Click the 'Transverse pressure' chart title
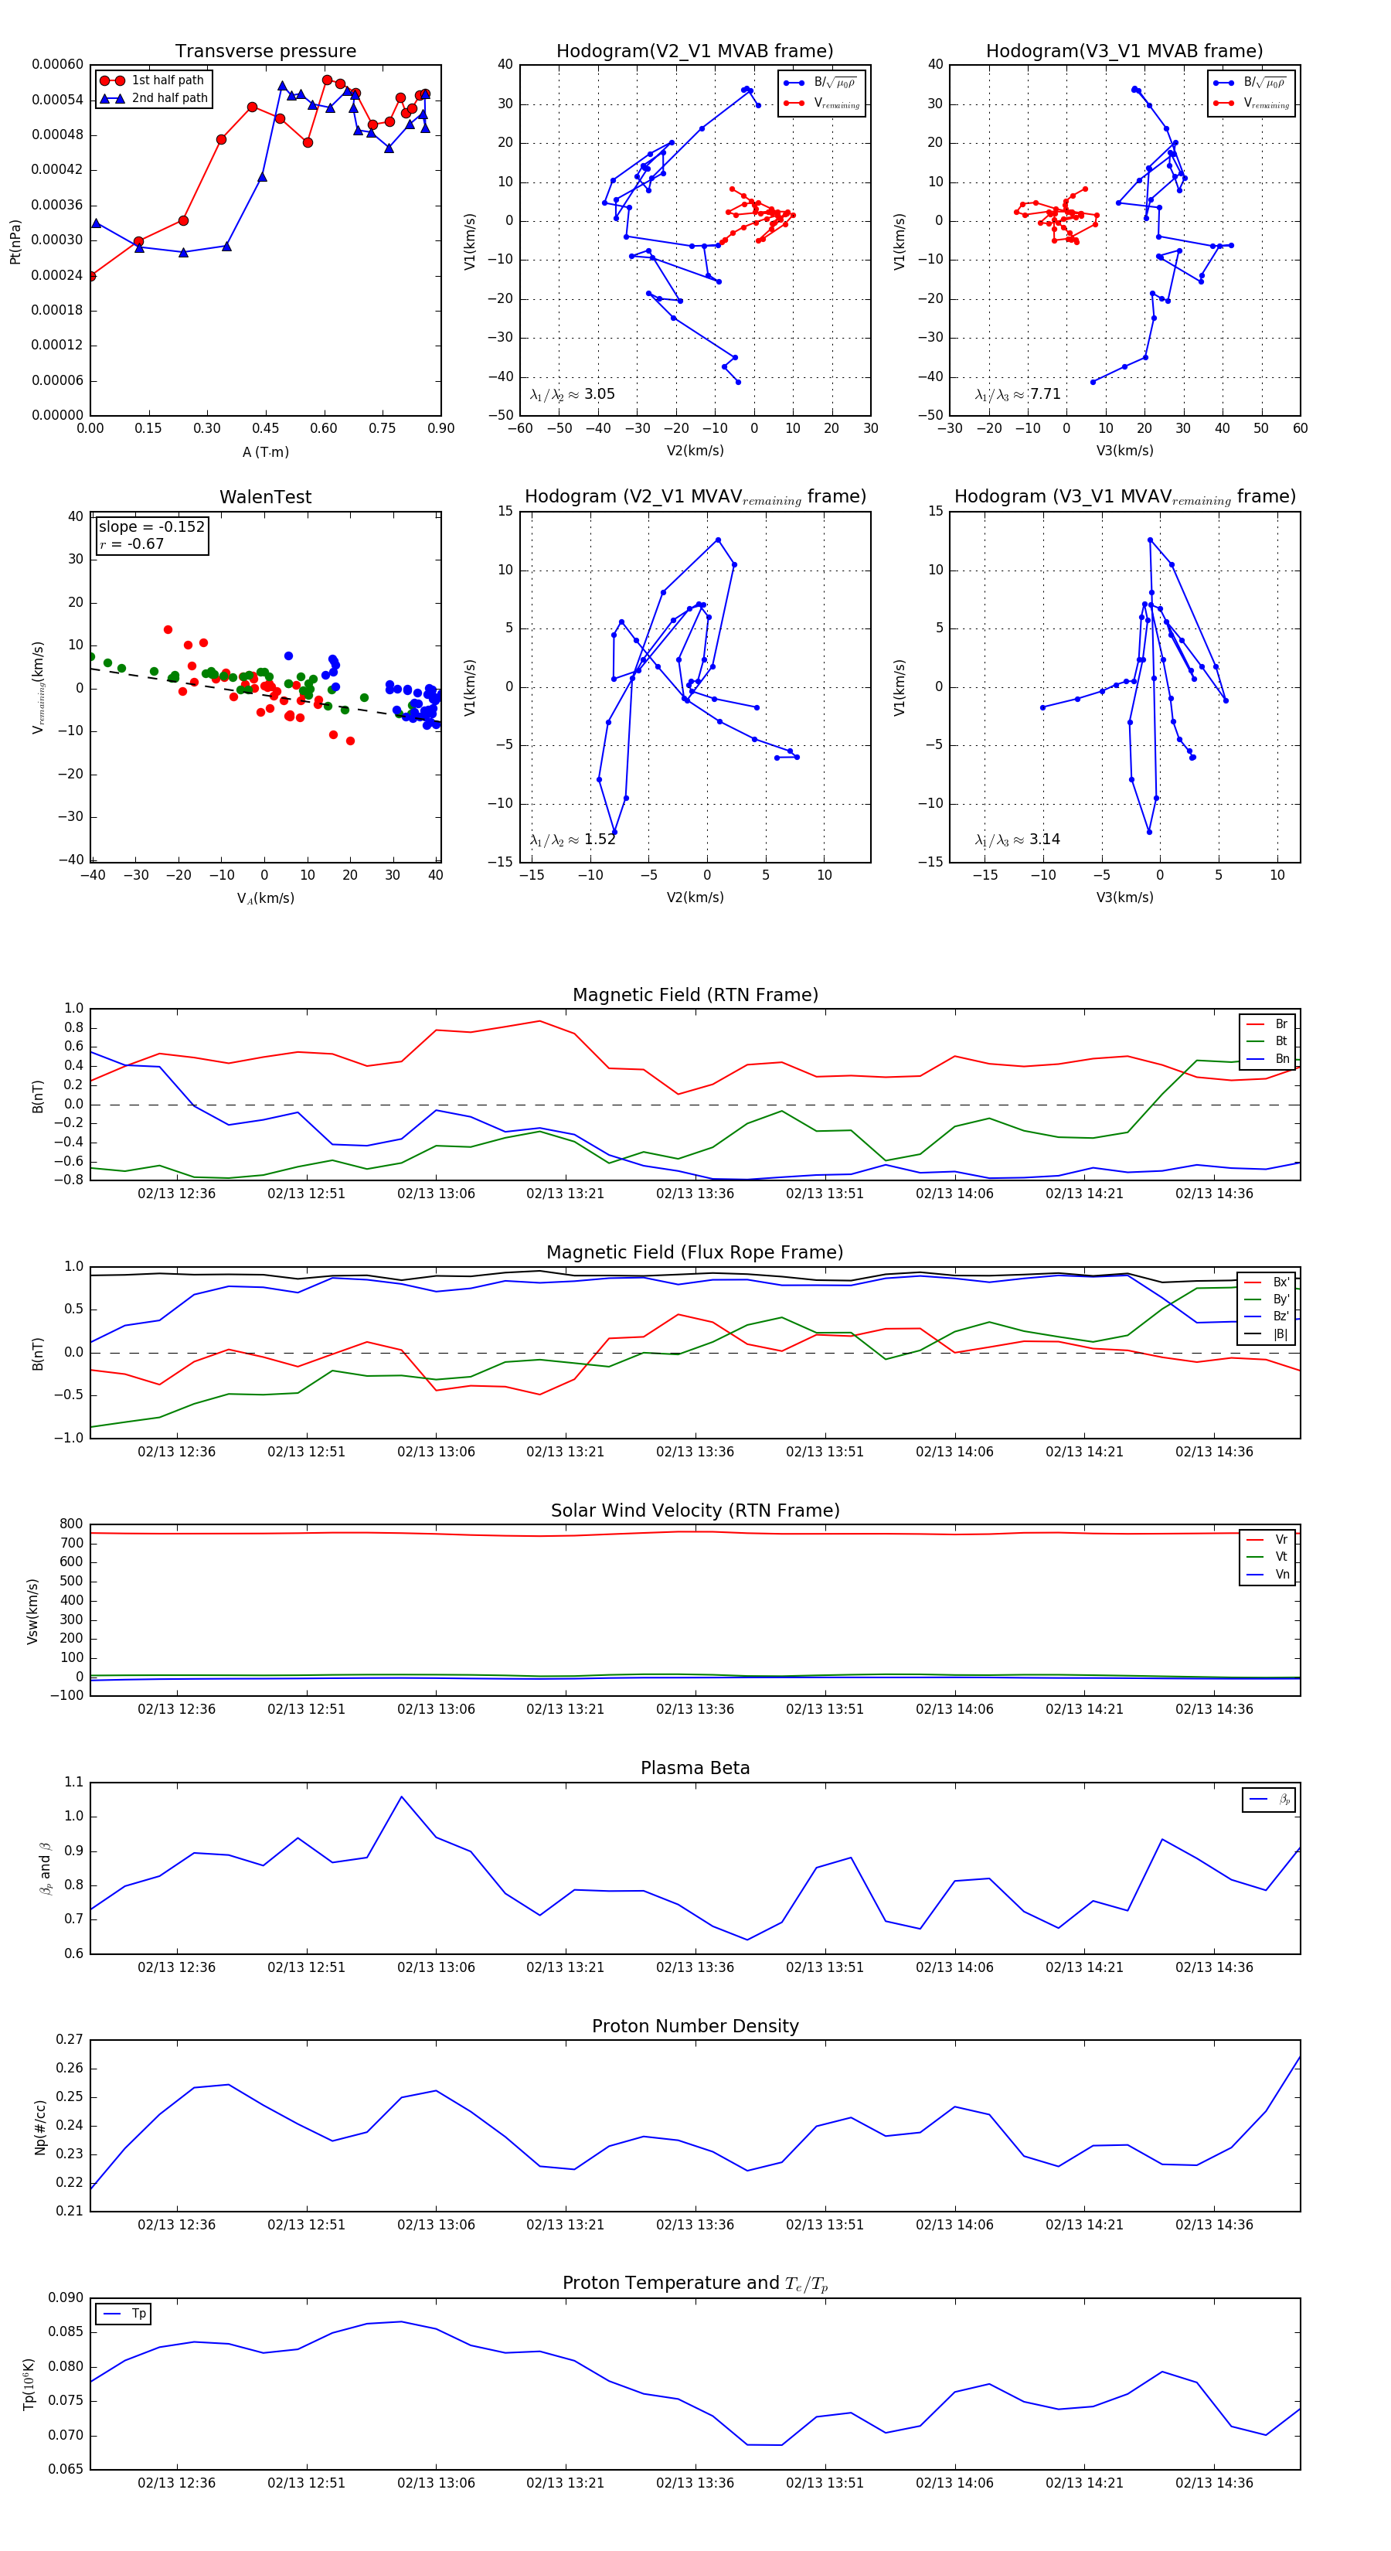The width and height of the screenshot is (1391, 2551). (265, 52)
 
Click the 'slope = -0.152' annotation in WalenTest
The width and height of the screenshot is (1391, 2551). (151, 527)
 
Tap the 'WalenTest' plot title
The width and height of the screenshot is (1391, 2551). (265, 497)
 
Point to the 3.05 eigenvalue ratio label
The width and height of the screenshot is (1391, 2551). (599, 394)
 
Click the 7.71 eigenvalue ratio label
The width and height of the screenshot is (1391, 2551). (1045, 394)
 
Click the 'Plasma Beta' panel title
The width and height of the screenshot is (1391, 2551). (695, 1769)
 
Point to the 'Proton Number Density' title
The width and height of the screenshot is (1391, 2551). (695, 2026)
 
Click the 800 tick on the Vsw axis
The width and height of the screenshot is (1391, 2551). (71, 1524)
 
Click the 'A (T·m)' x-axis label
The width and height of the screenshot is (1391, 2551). (265, 452)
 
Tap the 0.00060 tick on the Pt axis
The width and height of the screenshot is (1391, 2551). (57, 64)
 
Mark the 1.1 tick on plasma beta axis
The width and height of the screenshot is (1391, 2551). (73, 1782)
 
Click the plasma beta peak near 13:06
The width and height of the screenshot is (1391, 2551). (401, 1797)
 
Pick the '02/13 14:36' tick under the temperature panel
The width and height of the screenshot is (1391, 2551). (1214, 2483)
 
